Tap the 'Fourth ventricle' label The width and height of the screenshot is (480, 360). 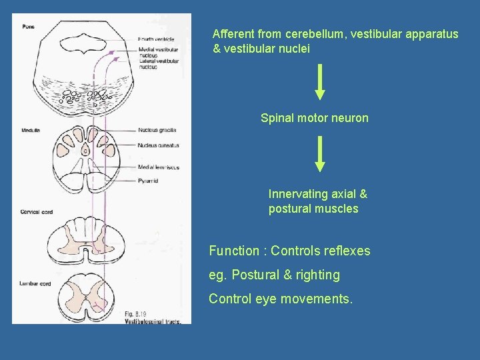coord(157,39)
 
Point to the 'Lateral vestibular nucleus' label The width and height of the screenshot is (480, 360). coord(159,64)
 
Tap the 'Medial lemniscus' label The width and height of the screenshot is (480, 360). coord(159,167)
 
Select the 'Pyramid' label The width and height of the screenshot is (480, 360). coord(149,181)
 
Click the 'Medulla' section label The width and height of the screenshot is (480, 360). coord(31,130)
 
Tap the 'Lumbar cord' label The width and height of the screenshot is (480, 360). coord(33,283)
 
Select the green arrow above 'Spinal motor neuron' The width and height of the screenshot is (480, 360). coord(320,81)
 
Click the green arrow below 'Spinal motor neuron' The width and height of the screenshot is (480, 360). coord(320,154)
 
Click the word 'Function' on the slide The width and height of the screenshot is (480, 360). coord(233,251)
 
